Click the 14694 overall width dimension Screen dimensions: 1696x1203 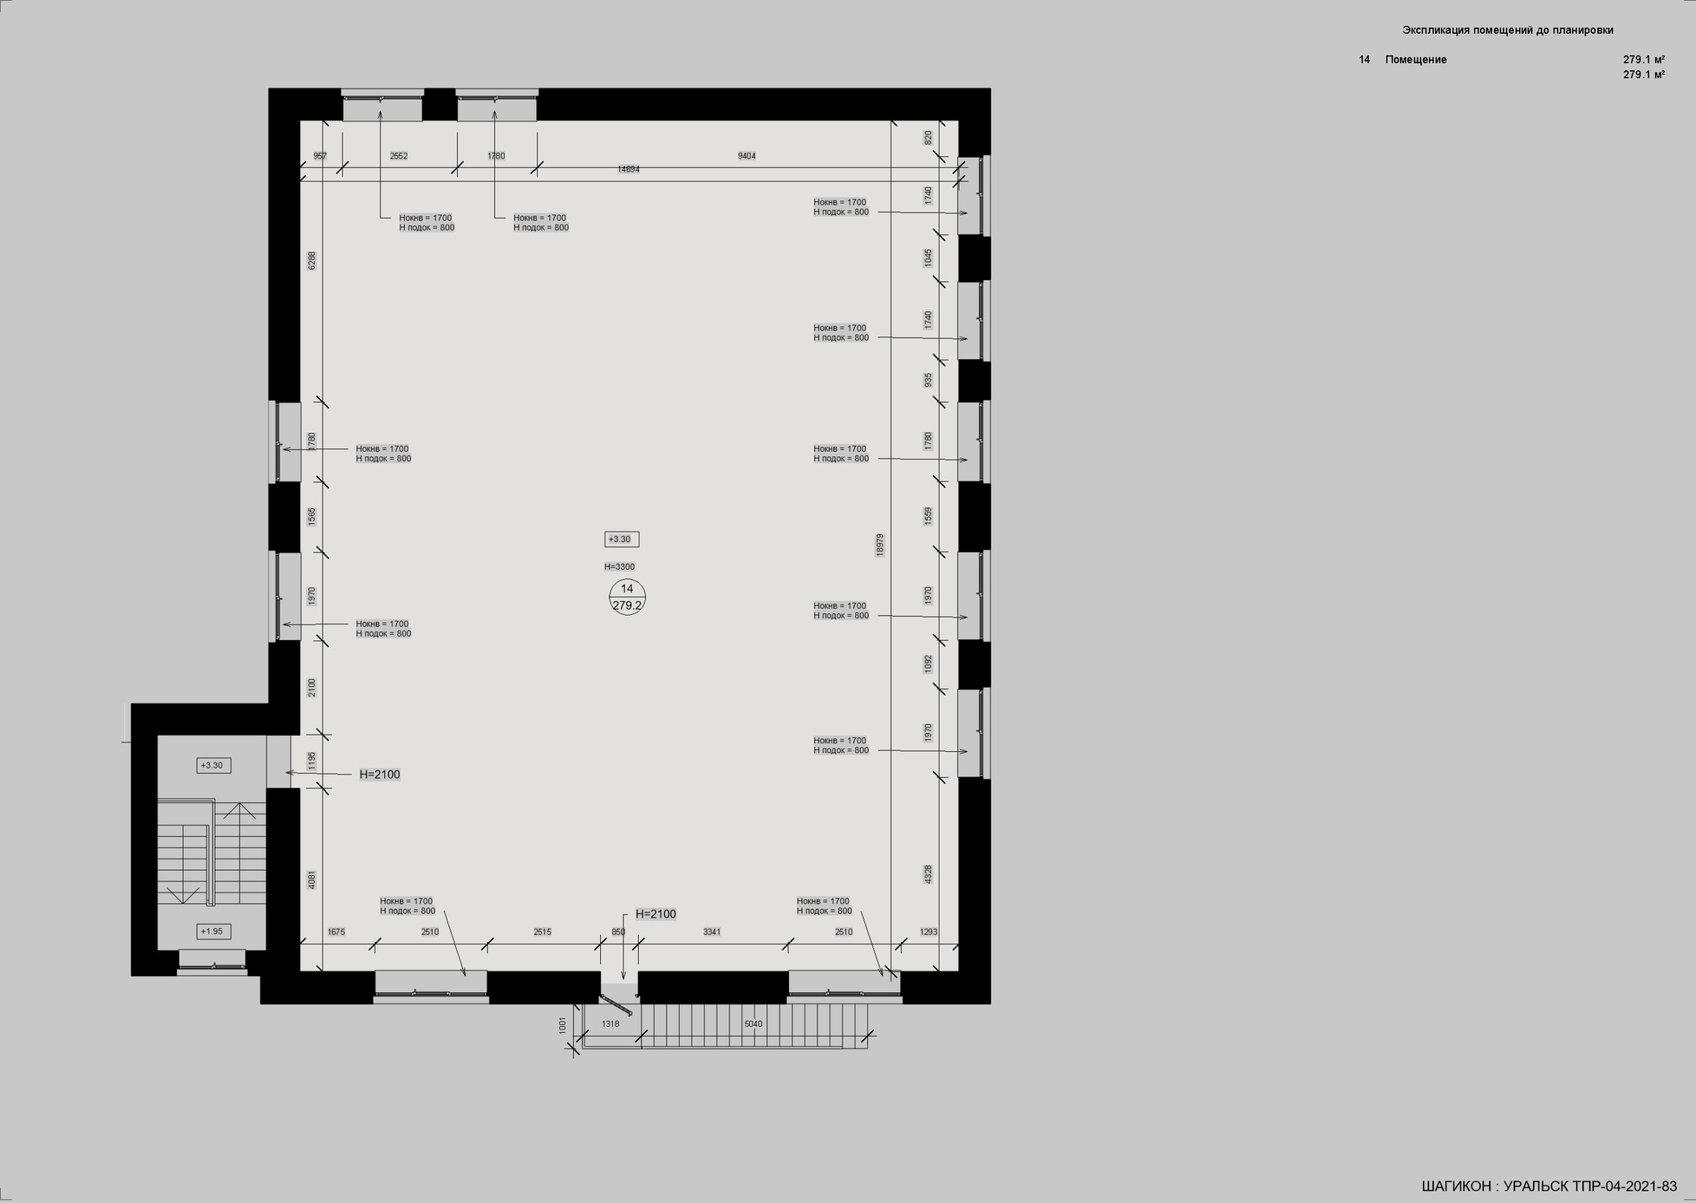628,169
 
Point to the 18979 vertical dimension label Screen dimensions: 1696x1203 880,545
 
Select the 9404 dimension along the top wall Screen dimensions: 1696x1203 747,156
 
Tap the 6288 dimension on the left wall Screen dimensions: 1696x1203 312,261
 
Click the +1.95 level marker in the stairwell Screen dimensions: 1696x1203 213,931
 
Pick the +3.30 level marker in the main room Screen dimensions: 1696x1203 619,539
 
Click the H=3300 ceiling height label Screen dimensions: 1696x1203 619,566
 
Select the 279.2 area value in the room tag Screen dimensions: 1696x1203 627,605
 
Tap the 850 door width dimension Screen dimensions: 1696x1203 618,932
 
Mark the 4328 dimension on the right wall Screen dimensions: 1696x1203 929,874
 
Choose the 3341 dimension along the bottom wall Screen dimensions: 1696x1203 712,932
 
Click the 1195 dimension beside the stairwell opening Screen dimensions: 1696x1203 312,760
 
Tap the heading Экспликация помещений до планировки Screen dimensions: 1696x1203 1508,30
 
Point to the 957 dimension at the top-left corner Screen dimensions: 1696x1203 320,156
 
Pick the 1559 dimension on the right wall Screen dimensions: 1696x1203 929,516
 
